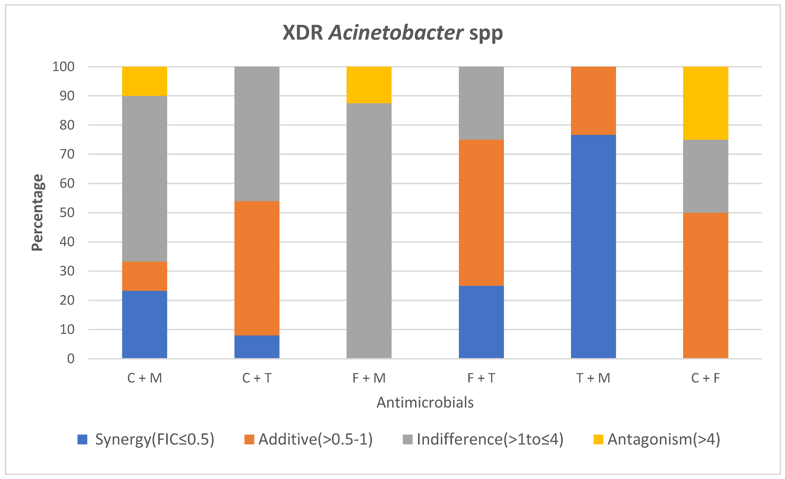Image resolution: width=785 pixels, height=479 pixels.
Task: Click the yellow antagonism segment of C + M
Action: tap(145, 81)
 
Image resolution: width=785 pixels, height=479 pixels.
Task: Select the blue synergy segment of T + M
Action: tap(593, 247)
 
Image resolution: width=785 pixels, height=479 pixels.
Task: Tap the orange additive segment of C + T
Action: tap(257, 268)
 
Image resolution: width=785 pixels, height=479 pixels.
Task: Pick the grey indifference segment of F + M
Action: tap(369, 231)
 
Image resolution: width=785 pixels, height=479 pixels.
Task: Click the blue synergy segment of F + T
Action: tap(481, 322)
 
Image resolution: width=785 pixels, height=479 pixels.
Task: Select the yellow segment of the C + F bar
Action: tap(705, 103)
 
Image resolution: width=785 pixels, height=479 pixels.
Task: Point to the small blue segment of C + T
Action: tap(257, 347)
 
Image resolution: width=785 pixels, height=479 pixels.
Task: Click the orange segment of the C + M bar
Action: tap(145, 276)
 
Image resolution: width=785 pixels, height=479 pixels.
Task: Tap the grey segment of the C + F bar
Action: tap(705, 176)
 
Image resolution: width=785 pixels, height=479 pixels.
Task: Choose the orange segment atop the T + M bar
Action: tap(593, 101)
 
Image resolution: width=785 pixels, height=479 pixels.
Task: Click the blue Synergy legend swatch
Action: tap(82, 440)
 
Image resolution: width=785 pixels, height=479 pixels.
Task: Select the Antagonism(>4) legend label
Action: tap(664, 440)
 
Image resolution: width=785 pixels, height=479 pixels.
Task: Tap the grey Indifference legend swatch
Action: tap(407, 440)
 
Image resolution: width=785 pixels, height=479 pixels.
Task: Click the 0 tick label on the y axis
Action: tap(71, 359)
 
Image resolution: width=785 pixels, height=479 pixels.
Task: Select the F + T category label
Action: tap(481, 378)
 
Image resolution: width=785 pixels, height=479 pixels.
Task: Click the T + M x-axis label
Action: tap(593, 378)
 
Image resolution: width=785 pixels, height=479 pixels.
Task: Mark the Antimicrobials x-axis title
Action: tap(425, 403)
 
